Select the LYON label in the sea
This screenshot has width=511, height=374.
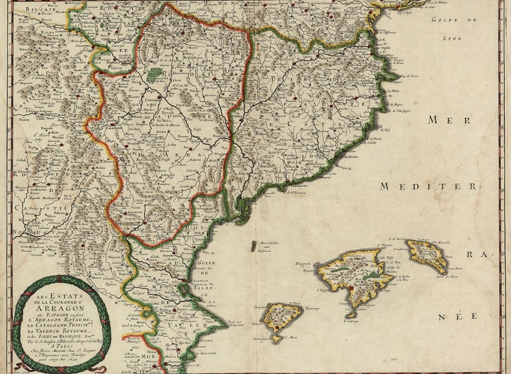(451, 38)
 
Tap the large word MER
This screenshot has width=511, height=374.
(444, 120)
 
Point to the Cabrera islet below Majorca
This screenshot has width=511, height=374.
(351, 314)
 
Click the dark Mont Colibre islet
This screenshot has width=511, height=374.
(253, 246)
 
